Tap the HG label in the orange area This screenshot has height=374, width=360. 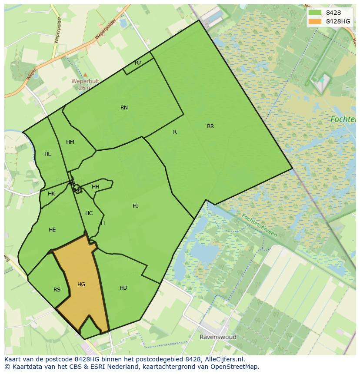pos(81,285)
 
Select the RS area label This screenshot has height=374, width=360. pos(57,290)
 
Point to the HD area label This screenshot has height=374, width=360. pos(123,288)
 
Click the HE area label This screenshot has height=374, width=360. pos(52,230)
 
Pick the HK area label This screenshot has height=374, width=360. pos(51,194)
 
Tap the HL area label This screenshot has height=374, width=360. pos(47,154)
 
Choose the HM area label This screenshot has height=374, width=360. pos(70,142)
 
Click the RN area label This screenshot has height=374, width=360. pos(124,108)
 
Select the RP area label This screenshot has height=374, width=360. pos(138,63)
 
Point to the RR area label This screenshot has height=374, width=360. pos(210,126)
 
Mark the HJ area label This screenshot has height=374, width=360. pos(136,206)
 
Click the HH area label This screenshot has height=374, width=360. pos(96,187)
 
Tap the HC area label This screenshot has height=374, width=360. pos(89,213)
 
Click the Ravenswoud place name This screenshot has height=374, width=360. pos(218,337)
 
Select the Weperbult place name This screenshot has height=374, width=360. pos(85,81)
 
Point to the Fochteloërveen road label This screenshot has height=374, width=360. pos(259,225)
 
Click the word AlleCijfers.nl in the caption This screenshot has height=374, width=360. pos(224,359)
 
